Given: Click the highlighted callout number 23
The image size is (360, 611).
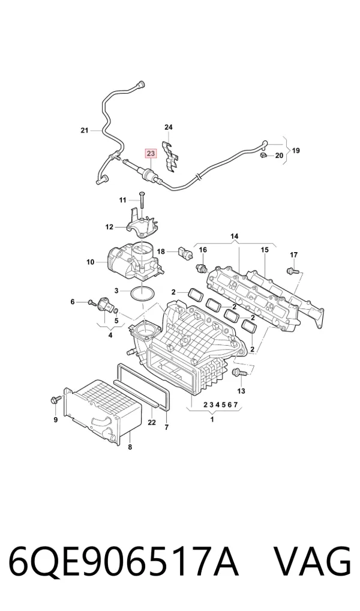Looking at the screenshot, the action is coord(151,154).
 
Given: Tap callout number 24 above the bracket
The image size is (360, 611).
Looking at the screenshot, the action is coord(169,127).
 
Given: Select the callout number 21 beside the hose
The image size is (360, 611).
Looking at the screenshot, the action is coord(85,130).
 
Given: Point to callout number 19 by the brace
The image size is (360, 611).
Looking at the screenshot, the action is coord(296,151).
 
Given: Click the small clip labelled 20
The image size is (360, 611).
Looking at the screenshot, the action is coord(265,156).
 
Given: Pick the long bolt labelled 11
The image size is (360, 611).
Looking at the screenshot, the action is coord(141,201).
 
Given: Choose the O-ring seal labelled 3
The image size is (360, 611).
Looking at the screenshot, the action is coord(142,294).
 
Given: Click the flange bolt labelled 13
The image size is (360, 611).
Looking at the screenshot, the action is coord(239,373).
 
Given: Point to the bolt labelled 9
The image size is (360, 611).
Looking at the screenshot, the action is coord(55,400).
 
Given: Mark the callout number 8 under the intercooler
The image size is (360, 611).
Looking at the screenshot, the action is coord(130,447).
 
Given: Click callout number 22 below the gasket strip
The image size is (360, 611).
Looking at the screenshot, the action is coord(152,423).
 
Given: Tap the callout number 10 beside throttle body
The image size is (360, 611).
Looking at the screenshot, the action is coord(91,262).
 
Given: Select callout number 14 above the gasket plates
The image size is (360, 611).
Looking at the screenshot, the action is coord(234,236).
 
